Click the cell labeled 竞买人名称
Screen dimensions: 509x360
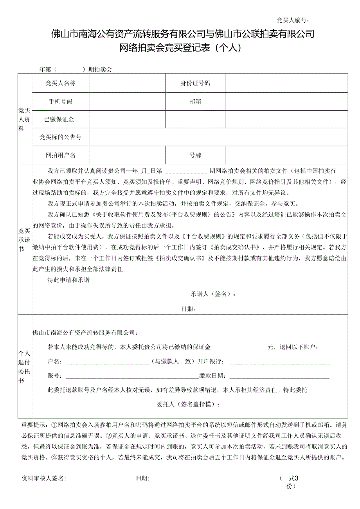[x=61, y=83]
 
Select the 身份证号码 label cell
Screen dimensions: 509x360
[x=195, y=83]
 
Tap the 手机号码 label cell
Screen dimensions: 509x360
[x=61, y=101]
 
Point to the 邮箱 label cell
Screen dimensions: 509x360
[x=195, y=101]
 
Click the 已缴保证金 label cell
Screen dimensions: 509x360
[x=61, y=119]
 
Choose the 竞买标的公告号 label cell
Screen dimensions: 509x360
[x=61, y=137]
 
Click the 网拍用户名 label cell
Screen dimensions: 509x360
[x=61, y=155]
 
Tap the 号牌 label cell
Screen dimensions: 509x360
[x=195, y=155]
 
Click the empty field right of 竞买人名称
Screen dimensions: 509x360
[x=127, y=83]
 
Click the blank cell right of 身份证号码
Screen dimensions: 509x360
[x=286, y=83]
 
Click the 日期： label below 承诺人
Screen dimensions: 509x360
[x=188, y=309]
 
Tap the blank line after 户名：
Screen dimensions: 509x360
[x=108, y=361]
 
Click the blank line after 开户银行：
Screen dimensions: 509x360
[x=279, y=361]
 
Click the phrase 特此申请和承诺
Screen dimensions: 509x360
[x=68, y=280]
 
